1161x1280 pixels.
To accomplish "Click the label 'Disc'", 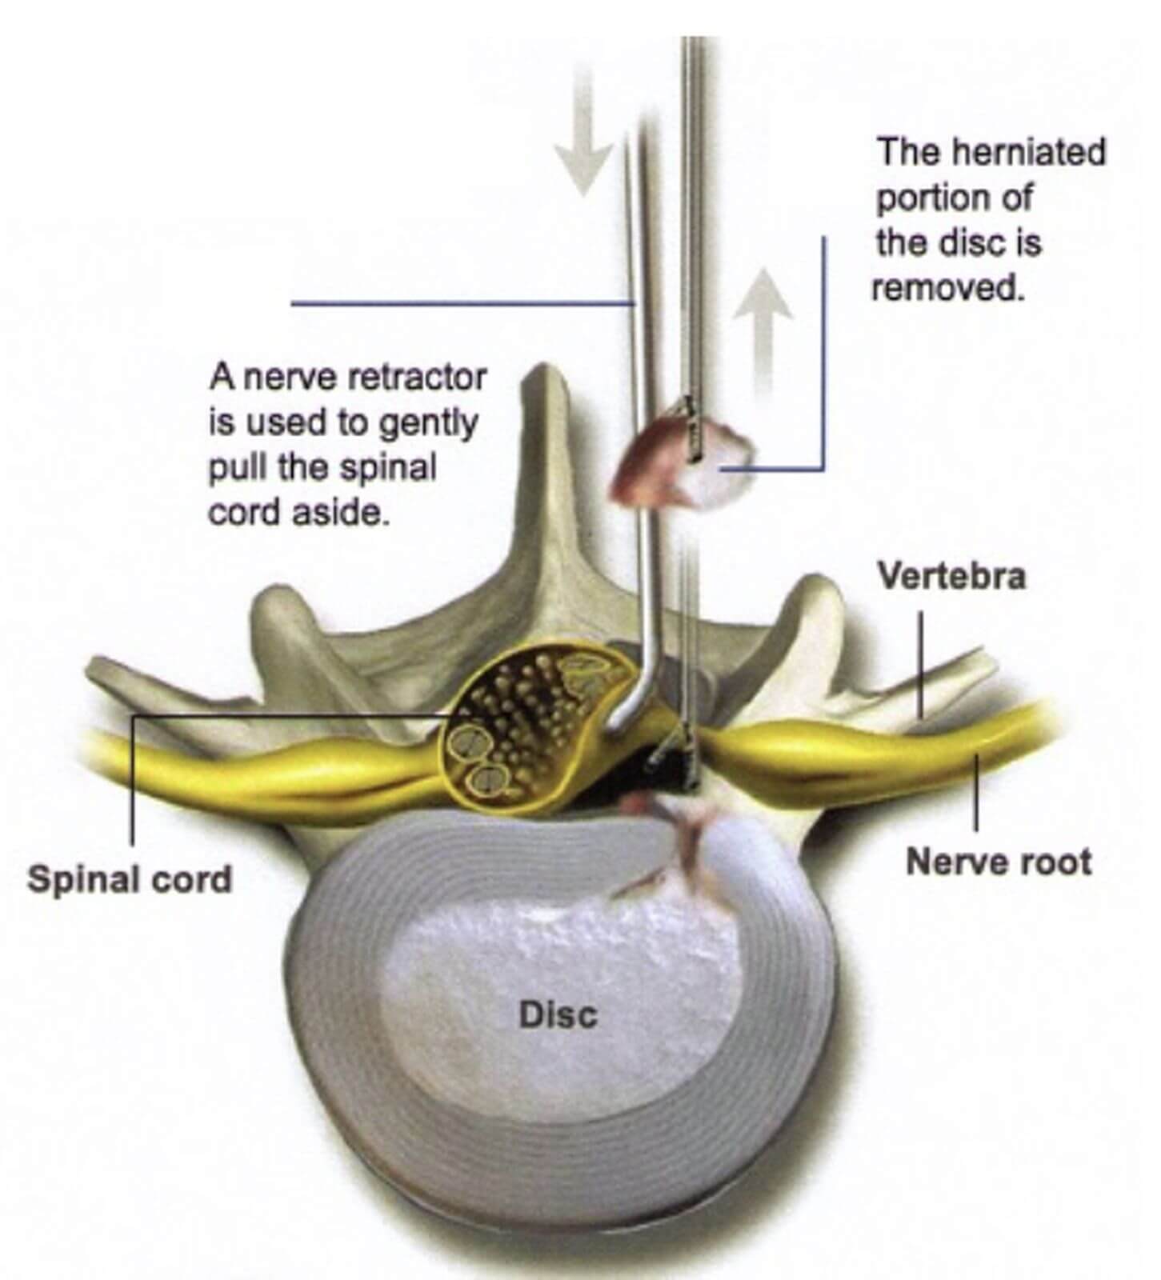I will coord(558,1015).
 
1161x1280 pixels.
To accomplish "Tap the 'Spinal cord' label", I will coord(130,879).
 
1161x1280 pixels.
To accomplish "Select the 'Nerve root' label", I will coord(999,862).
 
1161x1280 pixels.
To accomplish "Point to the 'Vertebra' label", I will coord(951,576).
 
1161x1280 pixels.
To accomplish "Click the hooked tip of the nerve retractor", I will coord(620,717).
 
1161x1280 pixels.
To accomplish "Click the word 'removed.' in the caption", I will coord(948,286).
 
